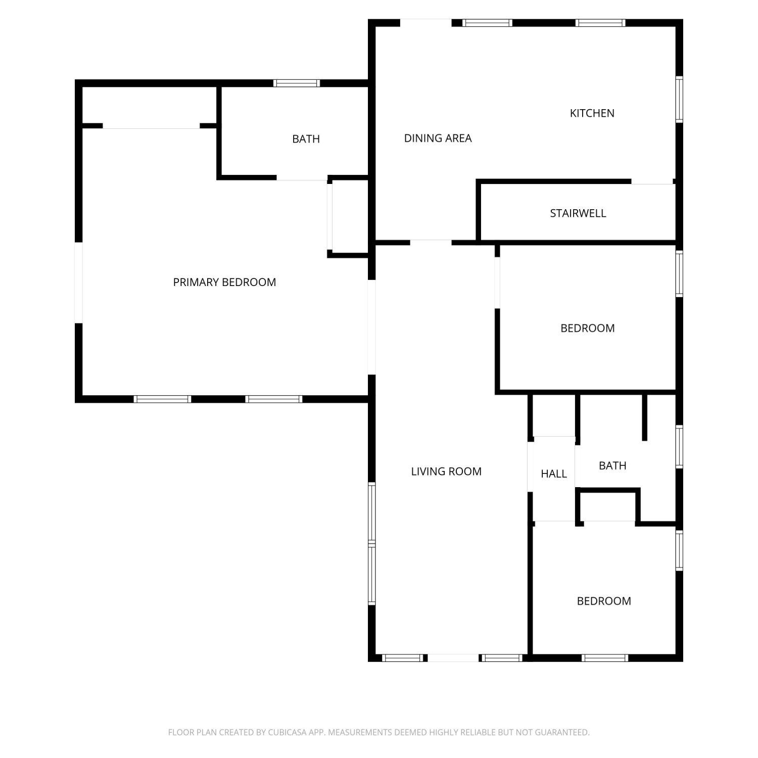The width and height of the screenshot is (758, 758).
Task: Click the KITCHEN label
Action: point(592,113)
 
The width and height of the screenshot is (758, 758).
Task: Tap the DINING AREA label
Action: point(438,138)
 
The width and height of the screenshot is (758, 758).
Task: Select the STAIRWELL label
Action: point(578,213)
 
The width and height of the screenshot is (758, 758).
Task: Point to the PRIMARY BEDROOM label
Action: point(224,282)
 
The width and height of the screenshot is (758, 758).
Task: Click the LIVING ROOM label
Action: point(446,471)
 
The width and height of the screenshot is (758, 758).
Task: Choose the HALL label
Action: point(554,474)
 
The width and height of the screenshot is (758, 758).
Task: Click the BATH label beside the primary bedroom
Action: point(306,139)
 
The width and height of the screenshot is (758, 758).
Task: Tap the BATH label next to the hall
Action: point(612,466)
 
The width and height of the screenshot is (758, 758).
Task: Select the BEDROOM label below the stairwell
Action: point(588,328)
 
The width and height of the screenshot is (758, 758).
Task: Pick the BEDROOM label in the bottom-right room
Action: point(604,601)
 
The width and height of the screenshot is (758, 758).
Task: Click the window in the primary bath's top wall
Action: point(297,83)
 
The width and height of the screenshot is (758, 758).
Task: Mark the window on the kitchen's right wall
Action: point(679,100)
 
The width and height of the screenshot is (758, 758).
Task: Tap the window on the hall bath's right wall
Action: point(679,447)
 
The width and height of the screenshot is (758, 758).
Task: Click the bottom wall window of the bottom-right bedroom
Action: point(605,658)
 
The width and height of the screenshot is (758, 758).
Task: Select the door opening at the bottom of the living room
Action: point(453,658)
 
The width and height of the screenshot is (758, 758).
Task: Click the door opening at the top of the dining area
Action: point(425,23)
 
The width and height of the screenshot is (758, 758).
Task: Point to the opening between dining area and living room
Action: point(431,243)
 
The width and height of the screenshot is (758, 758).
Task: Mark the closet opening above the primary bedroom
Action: point(151,126)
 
